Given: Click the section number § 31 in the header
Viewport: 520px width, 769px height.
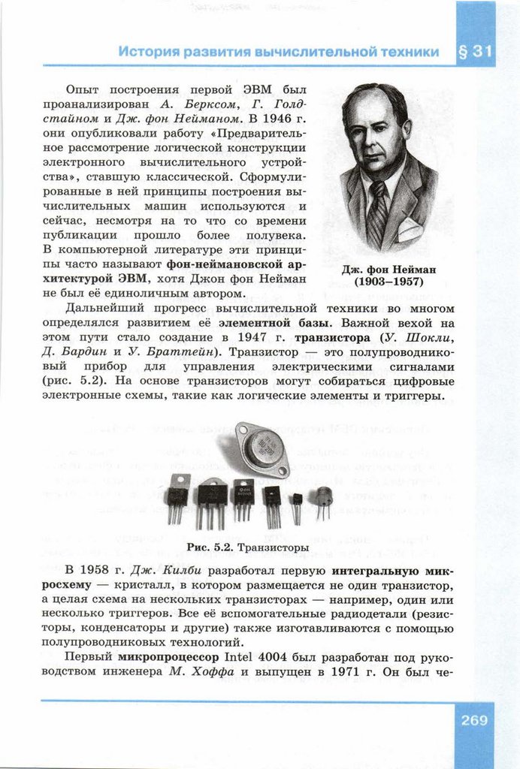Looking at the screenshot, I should pos(475,53).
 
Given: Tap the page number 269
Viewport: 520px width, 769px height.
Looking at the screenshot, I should pos(474,720).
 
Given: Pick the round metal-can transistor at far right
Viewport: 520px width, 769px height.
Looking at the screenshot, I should pos(323,500).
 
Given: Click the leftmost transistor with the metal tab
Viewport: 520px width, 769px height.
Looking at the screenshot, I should pos(177,496).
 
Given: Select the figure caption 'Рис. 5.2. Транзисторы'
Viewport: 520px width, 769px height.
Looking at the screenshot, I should pos(247,546).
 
